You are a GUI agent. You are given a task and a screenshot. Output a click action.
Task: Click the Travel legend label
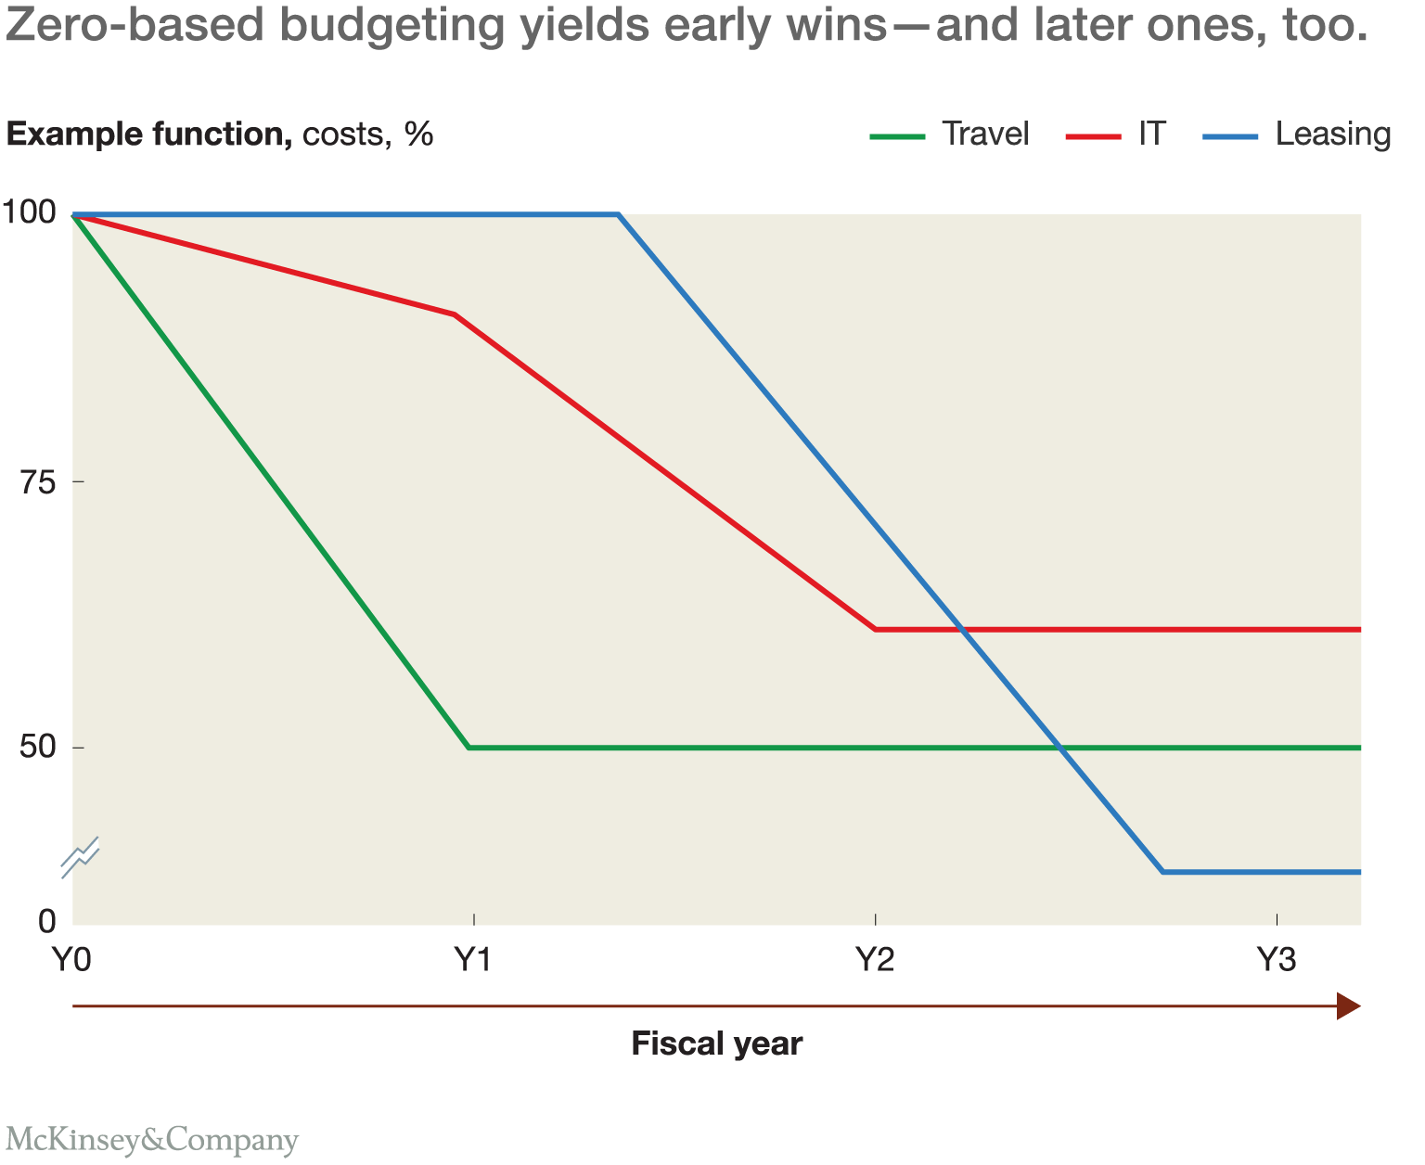click(985, 134)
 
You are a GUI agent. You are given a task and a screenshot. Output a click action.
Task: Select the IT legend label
click(1151, 134)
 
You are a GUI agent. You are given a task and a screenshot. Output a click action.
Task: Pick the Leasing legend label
click(1332, 134)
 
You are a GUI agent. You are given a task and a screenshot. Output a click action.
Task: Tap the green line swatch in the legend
click(897, 136)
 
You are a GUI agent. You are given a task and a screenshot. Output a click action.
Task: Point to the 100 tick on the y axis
click(30, 212)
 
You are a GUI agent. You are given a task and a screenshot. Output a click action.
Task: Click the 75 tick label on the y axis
click(39, 481)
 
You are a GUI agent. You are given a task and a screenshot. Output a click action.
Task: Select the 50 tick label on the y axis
click(39, 748)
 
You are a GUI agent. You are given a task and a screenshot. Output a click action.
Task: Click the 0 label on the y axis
click(46, 921)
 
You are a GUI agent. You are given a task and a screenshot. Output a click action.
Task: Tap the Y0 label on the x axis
click(71, 960)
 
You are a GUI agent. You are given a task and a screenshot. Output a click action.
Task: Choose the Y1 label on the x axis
click(473, 960)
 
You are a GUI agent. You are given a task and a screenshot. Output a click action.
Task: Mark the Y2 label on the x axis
click(875, 960)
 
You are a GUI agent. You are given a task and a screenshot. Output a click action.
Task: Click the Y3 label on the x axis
click(1277, 960)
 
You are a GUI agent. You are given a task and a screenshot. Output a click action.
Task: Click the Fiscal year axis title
click(716, 1044)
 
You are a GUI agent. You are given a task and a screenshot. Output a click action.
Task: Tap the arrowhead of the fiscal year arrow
click(1348, 1005)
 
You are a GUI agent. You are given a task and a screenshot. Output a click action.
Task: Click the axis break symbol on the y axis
click(80, 857)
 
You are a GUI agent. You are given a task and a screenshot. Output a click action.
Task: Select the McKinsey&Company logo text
click(151, 1139)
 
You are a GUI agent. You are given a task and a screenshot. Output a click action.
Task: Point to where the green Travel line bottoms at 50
click(469, 748)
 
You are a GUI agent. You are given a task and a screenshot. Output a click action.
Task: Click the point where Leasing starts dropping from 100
click(618, 214)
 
